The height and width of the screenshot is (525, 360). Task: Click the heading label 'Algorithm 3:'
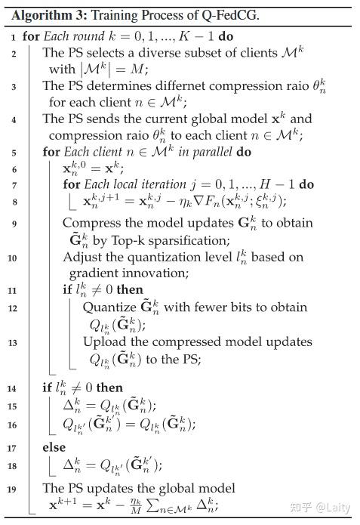tap(45, 14)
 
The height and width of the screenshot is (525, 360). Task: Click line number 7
tap(13, 184)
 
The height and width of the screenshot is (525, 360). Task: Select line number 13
tap(13, 341)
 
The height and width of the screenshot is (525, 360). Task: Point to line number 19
tap(13, 489)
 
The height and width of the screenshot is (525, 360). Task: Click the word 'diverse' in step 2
tap(168, 53)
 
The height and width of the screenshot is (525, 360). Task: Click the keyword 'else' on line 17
tap(54, 447)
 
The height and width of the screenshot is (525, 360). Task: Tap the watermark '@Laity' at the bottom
tap(333, 508)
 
